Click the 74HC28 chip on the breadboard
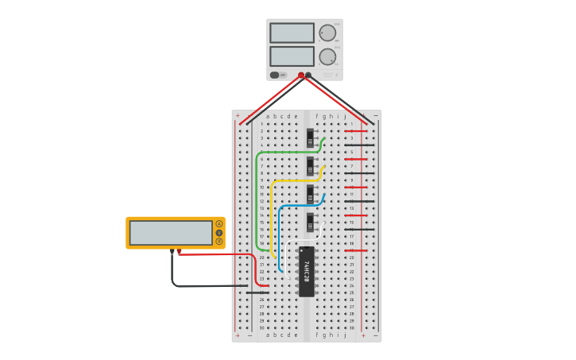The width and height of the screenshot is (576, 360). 306,271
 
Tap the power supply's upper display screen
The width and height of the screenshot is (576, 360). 292,33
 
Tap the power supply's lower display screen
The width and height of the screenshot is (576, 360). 292,56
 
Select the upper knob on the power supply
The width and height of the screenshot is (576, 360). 327,33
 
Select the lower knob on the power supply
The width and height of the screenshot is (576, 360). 327,56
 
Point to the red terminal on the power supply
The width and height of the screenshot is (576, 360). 301,75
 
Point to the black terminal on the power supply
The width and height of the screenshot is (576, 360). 308,75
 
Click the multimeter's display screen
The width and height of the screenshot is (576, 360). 171,233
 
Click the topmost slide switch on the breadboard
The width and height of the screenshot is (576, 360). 310,137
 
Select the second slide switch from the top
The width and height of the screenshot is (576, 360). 310,165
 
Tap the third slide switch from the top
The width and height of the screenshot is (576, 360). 310,194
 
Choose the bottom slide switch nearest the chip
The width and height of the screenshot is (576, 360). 310,222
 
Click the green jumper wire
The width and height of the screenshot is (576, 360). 257,199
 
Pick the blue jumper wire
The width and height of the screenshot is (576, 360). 279,238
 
